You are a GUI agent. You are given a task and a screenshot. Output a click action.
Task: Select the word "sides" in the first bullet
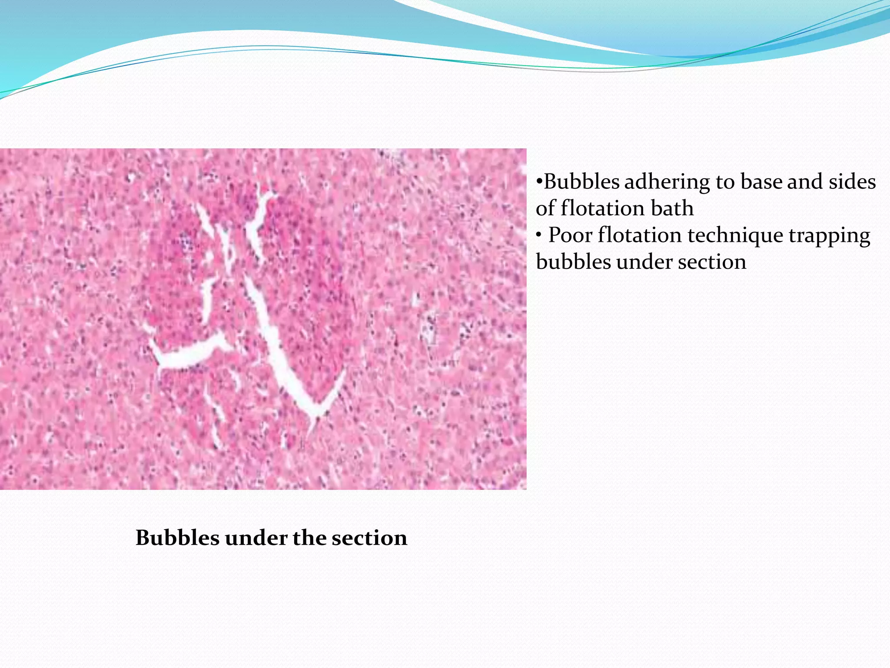click(x=852, y=181)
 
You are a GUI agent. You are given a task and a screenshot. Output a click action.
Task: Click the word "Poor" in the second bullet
click(x=570, y=235)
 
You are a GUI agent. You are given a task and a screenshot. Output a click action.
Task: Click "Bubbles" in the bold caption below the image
click(x=178, y=538)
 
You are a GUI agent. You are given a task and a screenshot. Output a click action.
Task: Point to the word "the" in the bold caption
click(x=309, y=538)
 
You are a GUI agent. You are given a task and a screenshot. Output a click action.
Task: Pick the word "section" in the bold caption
click(x=369, y=538)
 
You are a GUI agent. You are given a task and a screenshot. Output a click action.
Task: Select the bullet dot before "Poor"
click(x=539, y=235)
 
